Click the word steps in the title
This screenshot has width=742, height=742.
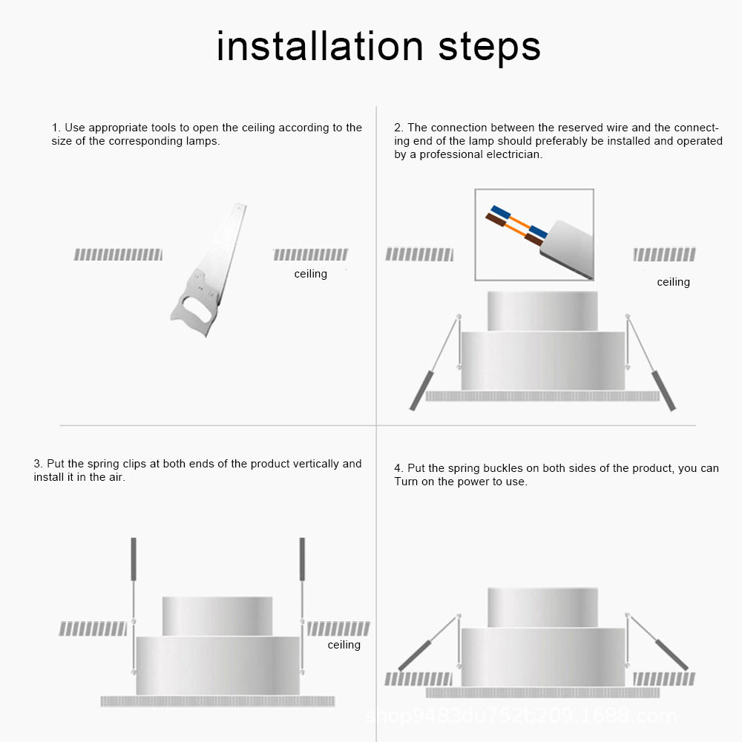[489, 47]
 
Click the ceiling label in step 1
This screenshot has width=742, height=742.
[310, 274]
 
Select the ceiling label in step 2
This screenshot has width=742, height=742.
[673, 282]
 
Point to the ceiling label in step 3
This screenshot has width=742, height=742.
[344, 645]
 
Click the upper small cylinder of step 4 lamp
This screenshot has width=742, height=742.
[542, 606]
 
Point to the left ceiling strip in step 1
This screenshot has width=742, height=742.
[118, 255]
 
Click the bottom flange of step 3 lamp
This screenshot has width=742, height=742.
[217, 701]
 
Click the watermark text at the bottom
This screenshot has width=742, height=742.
[522, 717]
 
